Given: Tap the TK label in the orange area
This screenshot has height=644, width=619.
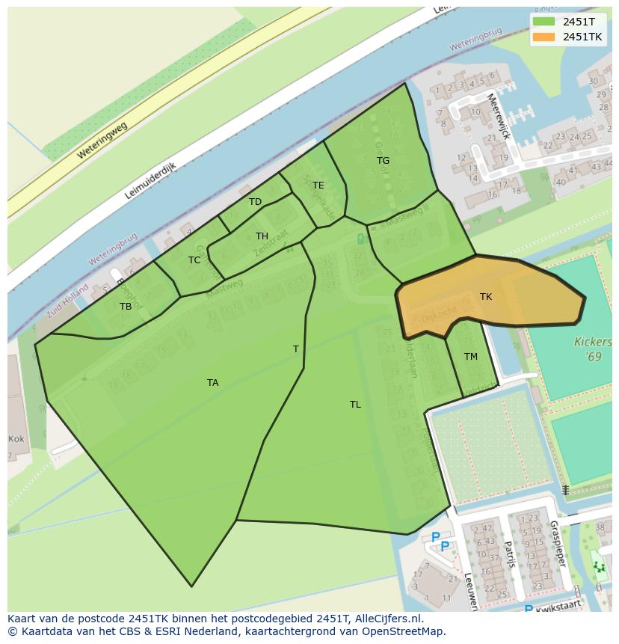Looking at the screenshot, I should tap(486, 297).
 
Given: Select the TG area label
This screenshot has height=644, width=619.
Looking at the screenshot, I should tap(383, 161).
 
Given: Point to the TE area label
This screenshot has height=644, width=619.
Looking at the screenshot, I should tap(318, 185).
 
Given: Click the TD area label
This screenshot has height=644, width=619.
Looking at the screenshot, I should tap(256, 202).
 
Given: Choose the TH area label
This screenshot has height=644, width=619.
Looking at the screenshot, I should tap(262, 236).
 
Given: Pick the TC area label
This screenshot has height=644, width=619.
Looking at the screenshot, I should tap(194, 260).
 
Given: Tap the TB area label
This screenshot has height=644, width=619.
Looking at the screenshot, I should tap(126, 307).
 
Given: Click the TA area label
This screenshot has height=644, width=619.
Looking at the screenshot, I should tap(213, 383).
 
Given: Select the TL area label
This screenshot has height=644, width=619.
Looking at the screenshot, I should tap(355, 405).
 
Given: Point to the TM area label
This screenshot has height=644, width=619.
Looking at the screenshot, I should tap(470, 357).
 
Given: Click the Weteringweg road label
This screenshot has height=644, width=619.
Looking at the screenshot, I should tap(102, 140).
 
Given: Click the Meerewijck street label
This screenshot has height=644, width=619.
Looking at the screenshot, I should tap(498, 115).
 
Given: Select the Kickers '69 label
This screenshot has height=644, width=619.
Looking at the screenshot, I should tap(588, 349).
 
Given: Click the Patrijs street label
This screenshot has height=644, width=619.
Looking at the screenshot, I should tap(509, 554).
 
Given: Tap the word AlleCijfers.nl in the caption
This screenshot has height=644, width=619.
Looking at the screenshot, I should tap(387, 619).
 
